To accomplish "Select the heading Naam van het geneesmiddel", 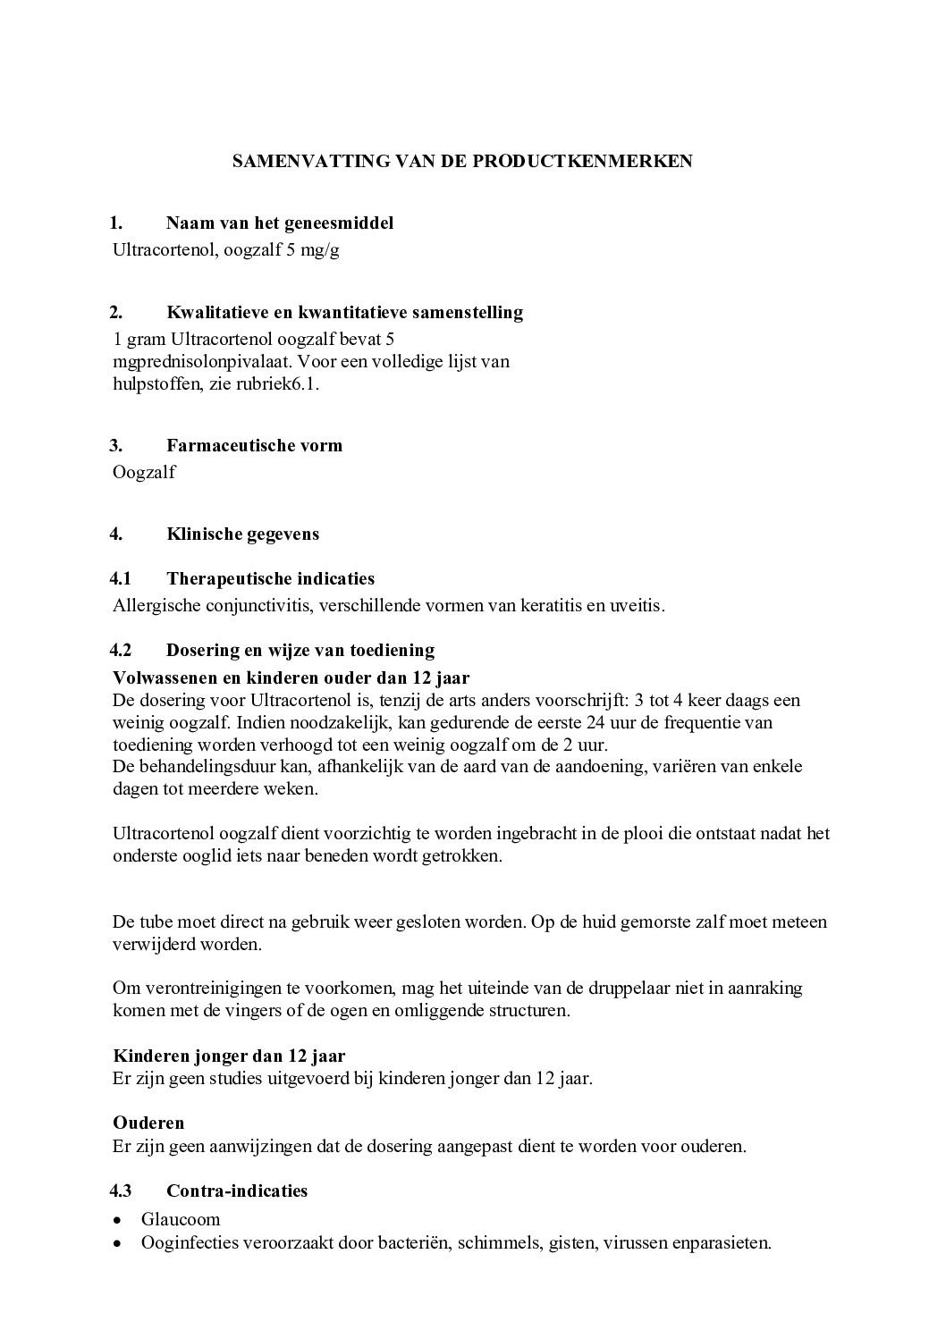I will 279,223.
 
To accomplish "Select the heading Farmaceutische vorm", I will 254,446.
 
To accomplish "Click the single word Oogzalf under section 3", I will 144,473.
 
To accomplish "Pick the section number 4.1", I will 121,579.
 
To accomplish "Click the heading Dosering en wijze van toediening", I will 300,651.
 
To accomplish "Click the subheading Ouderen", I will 148,1123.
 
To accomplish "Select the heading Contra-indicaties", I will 237,1191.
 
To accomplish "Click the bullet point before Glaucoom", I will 118,1220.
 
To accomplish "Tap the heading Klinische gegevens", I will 242,534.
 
